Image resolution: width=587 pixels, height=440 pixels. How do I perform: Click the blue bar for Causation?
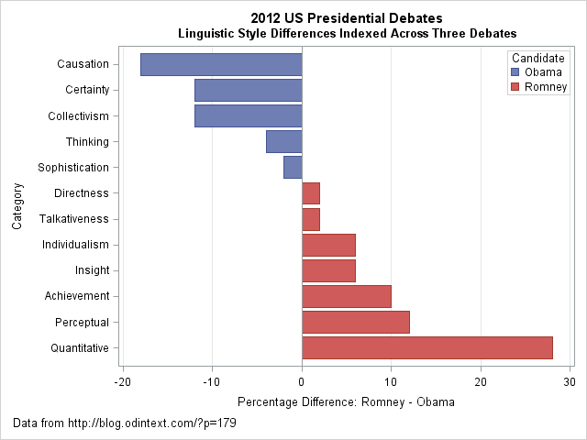click(x=221, y=64)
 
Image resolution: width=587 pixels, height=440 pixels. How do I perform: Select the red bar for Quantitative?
click(x=427, y=347)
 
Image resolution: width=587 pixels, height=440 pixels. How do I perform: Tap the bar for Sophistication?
click(x=293, y=167)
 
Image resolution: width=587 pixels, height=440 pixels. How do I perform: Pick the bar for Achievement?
click(x=347, y=296)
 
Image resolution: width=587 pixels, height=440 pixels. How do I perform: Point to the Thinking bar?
click(x=283, y=141)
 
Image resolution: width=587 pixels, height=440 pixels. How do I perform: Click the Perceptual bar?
click(x=356, y=322)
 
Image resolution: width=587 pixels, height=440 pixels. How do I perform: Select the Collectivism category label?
click(x=78, y=115)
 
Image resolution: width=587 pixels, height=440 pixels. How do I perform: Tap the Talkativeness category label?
click(x=74, y=219)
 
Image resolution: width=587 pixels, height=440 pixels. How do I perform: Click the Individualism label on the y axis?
click(x=76, y=245)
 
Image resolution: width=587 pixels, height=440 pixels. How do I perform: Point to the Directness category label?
click(x=82, y=193)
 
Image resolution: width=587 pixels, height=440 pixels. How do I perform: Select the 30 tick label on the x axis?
click(x=570, y=381)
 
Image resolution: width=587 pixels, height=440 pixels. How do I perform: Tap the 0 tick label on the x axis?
click(x=302, y=381)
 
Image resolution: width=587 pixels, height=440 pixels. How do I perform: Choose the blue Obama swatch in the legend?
click(x=515, y=72)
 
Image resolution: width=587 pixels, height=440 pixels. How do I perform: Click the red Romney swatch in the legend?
click(x=515, y=87)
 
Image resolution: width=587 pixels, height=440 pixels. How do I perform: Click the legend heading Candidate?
click(x=538, y=58)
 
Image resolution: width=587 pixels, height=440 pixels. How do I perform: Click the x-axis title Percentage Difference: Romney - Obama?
click(x=346, y=401)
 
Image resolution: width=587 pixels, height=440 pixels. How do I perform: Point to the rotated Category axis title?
click(x=17, y=206)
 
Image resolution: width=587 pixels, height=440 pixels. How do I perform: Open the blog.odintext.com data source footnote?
click(x=126, y=423)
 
